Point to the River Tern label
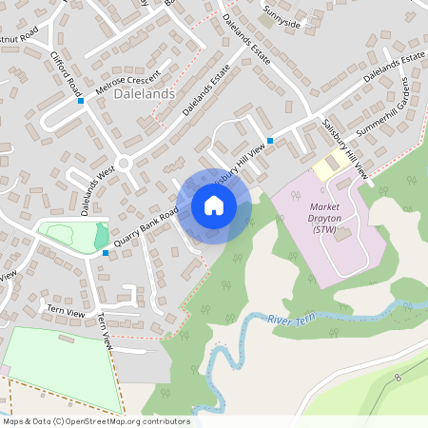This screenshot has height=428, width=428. (291, 319)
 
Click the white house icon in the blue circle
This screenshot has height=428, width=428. (214, 205)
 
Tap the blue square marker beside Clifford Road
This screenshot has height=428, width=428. (81, 101)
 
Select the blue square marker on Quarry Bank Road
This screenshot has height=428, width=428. (105, 253)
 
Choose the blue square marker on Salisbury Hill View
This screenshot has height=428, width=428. (270, 141)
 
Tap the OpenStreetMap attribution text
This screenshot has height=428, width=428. (96, 421)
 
